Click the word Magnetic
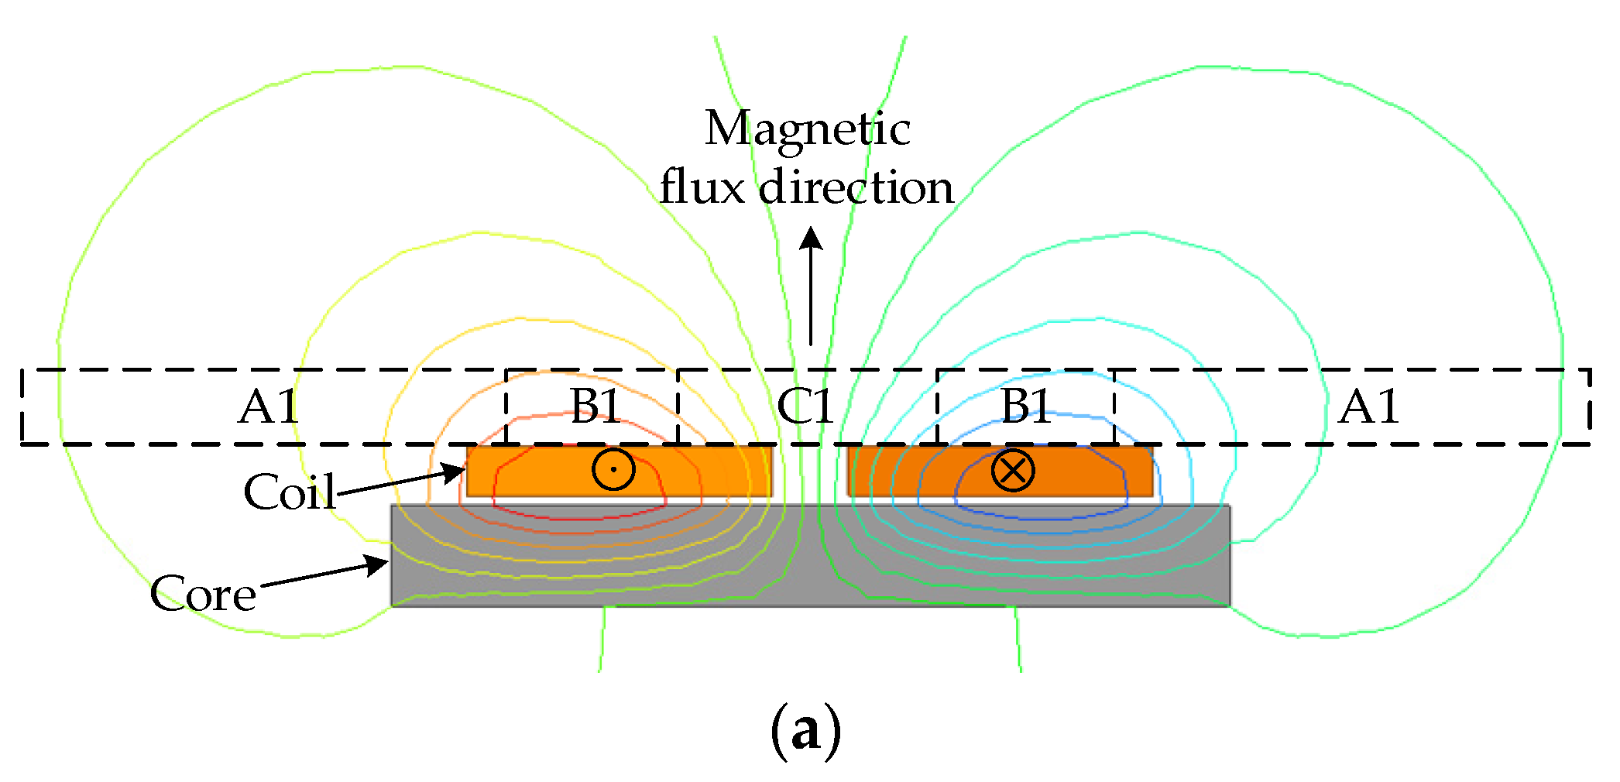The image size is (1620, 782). [x=807, y=129]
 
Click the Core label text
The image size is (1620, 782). [x=203, y=594]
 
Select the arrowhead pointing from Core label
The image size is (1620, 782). [x=377, y=565]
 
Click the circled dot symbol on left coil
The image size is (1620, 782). [x=613, y=469]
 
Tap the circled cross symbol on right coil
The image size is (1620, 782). [x=1013, y=470]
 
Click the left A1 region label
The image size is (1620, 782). [x=268, y=406]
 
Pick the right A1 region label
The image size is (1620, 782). [x=1369, y=406]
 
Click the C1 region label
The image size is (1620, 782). [x=805, y=406]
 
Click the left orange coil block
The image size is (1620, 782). [x=620, y=470]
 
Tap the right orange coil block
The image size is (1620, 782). [x=1000, y=470]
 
